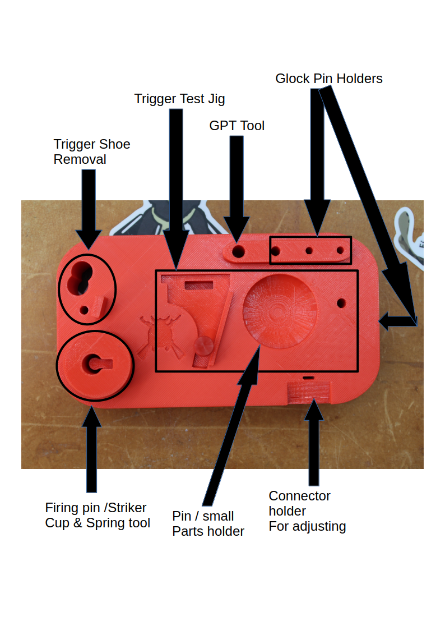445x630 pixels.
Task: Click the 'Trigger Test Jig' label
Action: pos(179,99)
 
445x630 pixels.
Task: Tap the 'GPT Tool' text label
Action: pos(237,126)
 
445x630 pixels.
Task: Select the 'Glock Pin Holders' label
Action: pos(328,79)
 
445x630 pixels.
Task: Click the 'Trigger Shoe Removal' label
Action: pos(91,151)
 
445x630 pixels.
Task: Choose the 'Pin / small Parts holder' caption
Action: pos(208,523)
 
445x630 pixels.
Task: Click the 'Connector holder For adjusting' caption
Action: pos(307,511)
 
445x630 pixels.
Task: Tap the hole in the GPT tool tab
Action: pos(239,251)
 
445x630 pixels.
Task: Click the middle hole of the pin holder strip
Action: pos(308,250)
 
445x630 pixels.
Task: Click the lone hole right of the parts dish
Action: pos(341,303)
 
